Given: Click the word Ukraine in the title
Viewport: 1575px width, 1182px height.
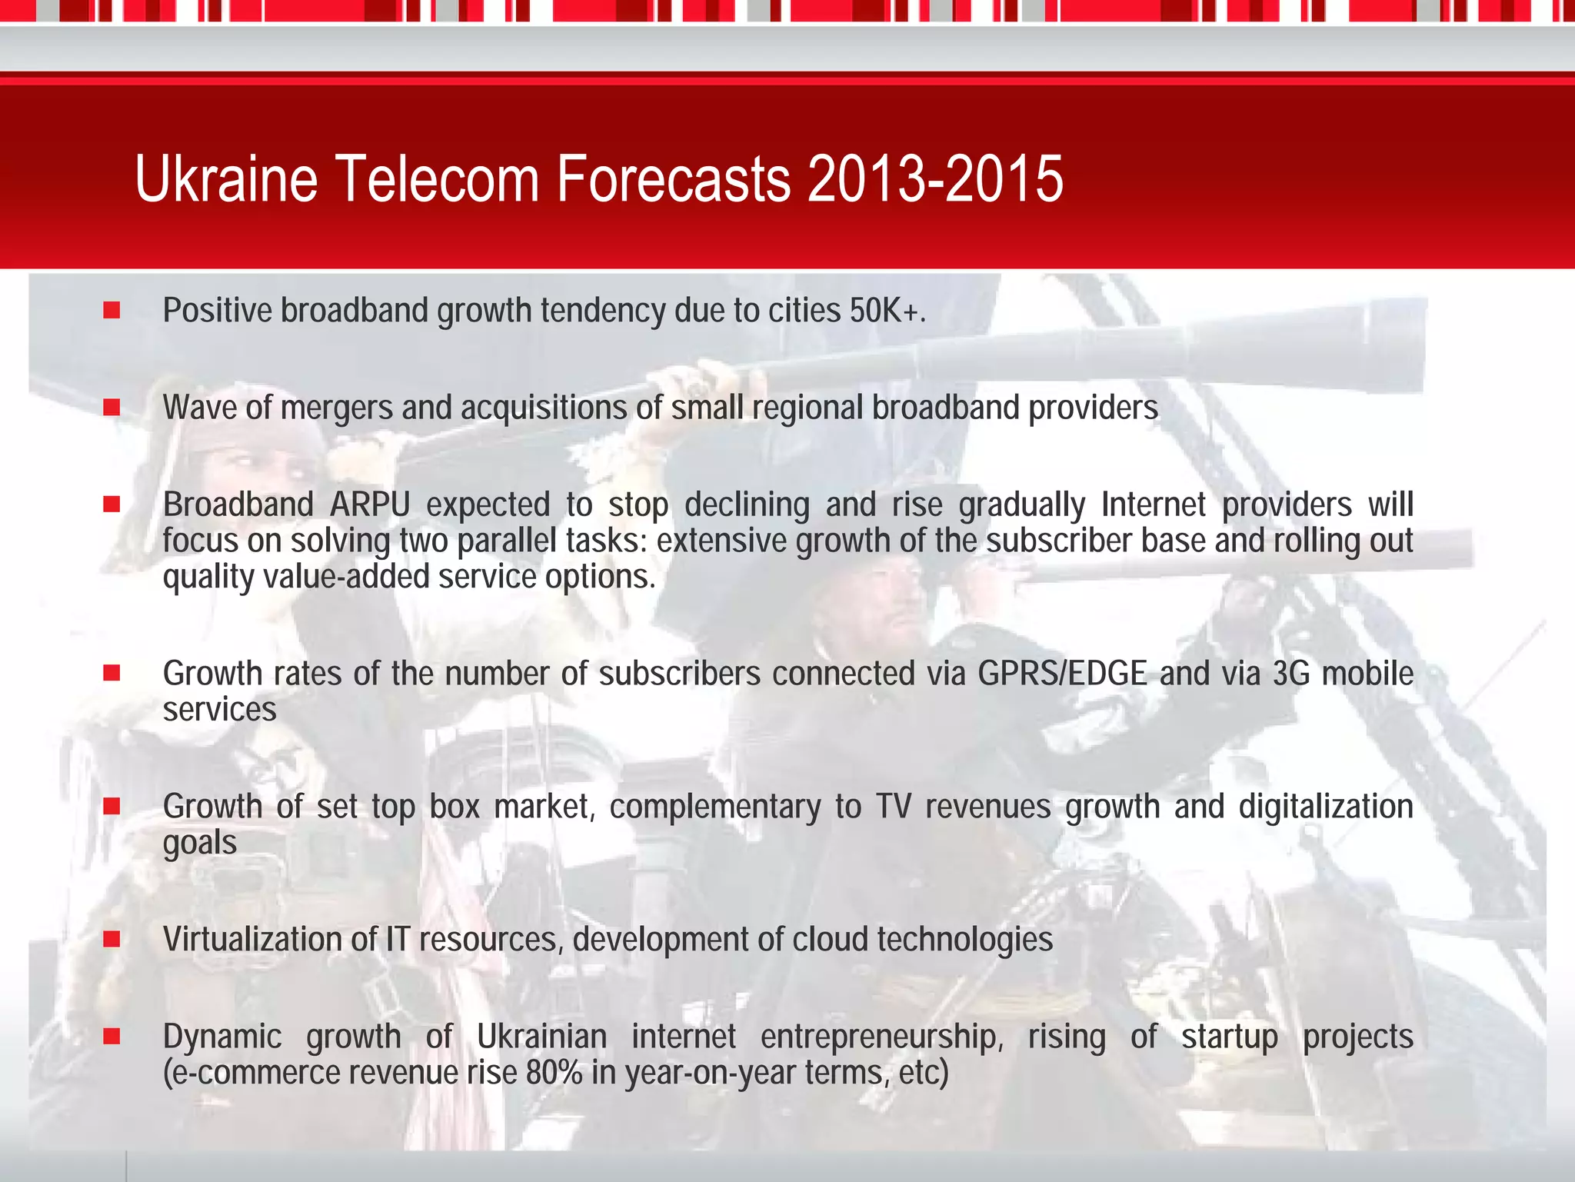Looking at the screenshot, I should click(x=226, y=179).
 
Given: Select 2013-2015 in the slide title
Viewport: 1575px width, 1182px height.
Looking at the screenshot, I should click(x=935, y=179).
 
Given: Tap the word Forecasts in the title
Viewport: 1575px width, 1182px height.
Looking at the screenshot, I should click(x=673, y=179).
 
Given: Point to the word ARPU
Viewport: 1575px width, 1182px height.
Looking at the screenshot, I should click(x=370, y=505).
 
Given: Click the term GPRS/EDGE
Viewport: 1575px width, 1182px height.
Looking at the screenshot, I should click(x=1062, y=674).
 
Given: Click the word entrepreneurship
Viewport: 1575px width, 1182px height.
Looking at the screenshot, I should click(x=882, y=1037).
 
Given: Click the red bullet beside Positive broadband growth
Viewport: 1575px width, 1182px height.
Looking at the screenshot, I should click(x=112, y=310).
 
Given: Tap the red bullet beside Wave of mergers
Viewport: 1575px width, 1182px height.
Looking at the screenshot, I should click(x=112, y=407).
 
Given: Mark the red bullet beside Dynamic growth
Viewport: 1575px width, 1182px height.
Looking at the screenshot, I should click(x=112, y=1037).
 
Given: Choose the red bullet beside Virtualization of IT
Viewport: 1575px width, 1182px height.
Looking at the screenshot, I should click(x=112, y=939).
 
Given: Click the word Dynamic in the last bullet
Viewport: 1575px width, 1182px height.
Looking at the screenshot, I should click(x=222, y=1037).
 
